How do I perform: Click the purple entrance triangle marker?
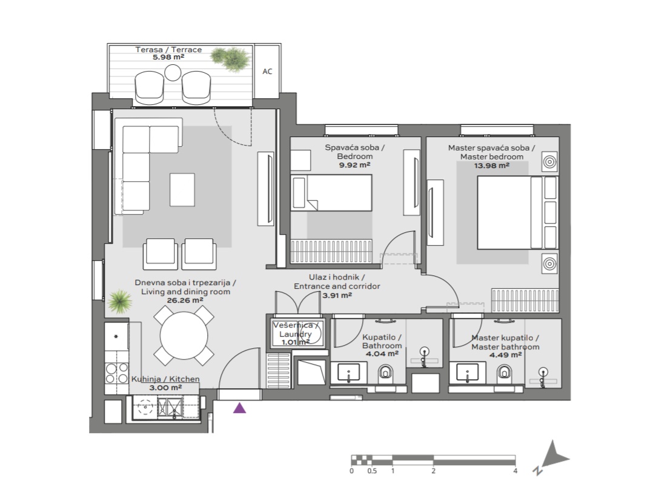coord(239,408)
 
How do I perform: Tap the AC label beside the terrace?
coord(267,72)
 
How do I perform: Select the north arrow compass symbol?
coord(552,457)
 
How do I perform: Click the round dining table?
coord(184,335)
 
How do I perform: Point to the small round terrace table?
coord(173,73)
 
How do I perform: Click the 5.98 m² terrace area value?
coord(168,57)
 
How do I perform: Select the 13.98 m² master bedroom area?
coord(491,166)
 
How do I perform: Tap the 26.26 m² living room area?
coord(185,300)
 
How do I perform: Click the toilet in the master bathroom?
coord(505,372)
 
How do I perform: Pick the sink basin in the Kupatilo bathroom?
coord(348,372)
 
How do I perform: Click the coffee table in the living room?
coord(182,190)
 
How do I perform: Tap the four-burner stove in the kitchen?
coord(116,373)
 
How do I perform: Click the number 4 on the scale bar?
coord(515,471)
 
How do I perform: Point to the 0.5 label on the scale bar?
coord(372,471)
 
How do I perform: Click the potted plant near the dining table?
coord(120,301)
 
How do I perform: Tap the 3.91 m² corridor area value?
coord(337,295)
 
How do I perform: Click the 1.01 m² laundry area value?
coord(296,342)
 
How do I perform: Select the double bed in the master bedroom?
coord(517,213)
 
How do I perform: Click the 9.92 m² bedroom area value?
coord(355,165)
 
